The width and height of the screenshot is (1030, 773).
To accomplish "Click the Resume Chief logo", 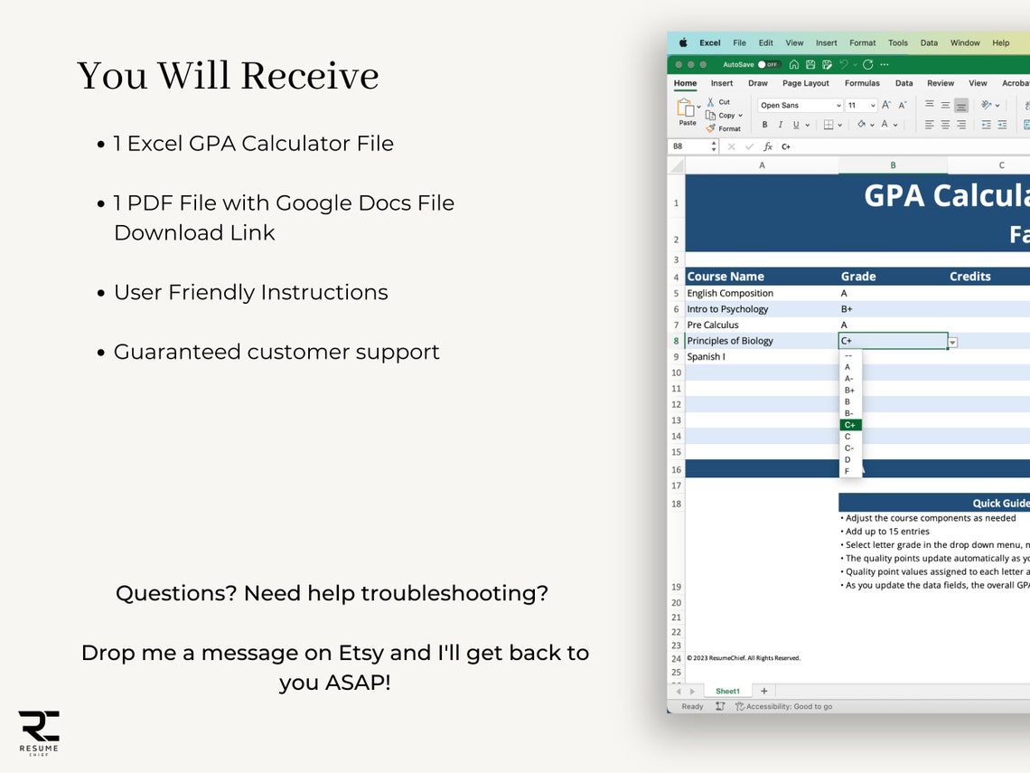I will click(x=39, y=731).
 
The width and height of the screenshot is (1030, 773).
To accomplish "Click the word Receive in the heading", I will click(x=312, y=76).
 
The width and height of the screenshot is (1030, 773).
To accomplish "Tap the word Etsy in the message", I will click(x=360, y=653).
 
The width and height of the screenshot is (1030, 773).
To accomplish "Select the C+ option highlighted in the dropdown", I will click(x=849, y=425).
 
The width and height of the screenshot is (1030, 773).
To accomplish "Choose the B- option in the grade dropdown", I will click(x=848, y=413).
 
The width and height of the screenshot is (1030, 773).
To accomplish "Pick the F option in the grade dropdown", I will click(x=847, y=471).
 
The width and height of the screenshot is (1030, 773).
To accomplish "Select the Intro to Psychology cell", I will click(x=727, y=309).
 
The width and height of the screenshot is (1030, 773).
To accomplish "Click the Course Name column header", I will click(x=726, y=277).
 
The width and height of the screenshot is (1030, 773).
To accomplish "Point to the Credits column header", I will click(x=969, y=277).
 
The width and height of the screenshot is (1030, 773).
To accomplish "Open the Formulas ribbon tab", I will click(x=862, y=83).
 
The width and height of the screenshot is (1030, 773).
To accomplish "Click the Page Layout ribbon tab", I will click(x=805, y=83).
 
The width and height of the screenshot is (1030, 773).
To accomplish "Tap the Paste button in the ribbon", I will click(x=687, y=112).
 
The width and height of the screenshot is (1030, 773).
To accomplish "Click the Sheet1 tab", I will click(x=727, y=691).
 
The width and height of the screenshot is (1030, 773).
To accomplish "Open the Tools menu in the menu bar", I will click(x=897, y=42).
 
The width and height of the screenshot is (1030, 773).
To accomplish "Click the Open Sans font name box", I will click(x=800, y=106).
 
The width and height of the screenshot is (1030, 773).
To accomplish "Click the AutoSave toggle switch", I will click(x=769, y=65).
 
